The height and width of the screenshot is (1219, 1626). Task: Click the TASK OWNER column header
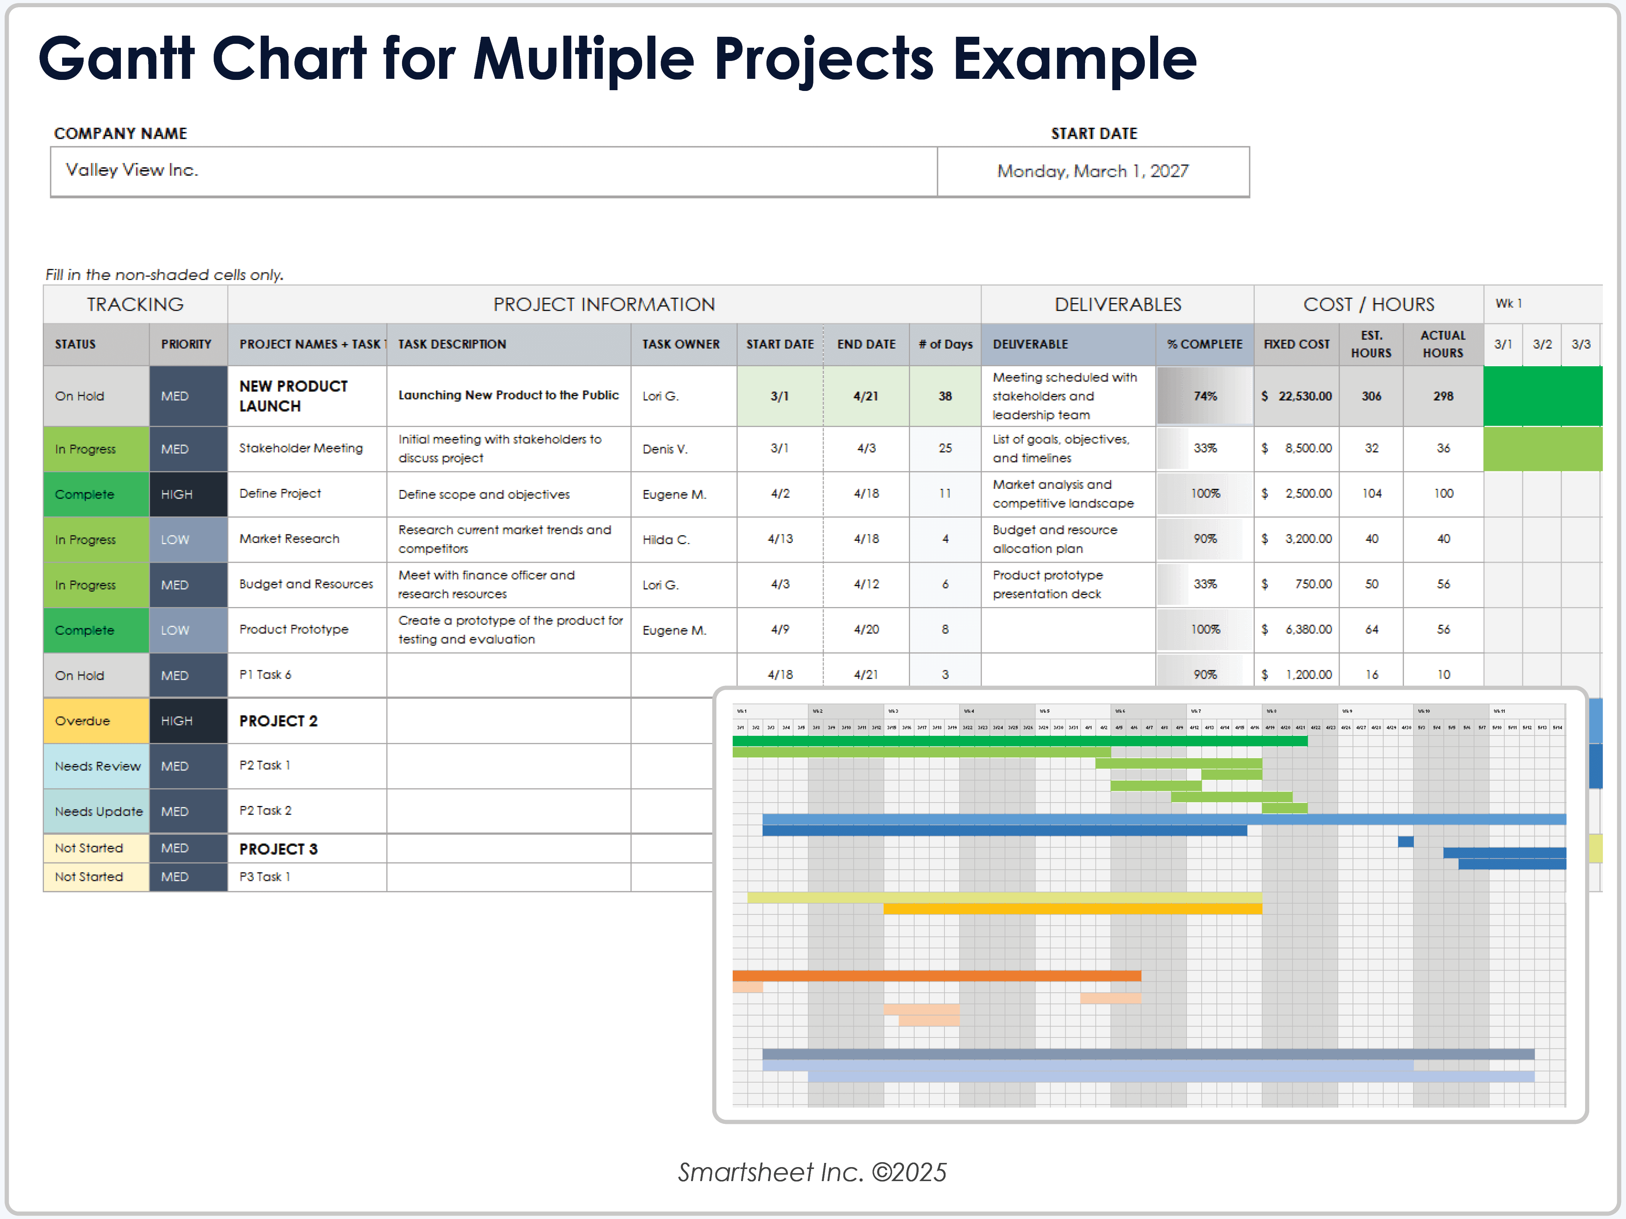point(681,344)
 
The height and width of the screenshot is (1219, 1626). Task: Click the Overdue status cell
point(95,720)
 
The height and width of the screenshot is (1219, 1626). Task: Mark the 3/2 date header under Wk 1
point(1542,344)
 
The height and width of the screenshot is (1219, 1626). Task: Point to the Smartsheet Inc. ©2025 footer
point(812,1172)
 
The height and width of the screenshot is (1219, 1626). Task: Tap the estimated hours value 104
point(1371,493)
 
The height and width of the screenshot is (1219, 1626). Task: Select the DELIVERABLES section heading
point(1117,304)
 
